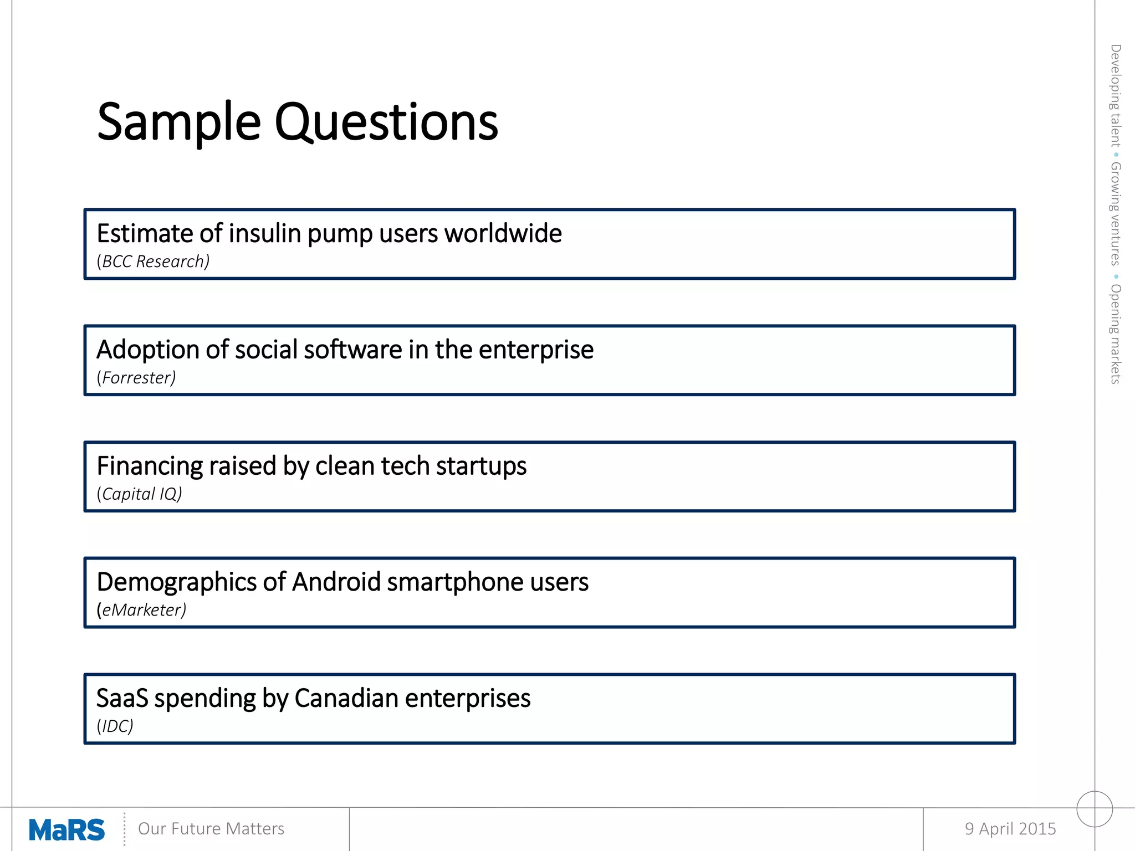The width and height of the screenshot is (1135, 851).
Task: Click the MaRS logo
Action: [x=67, y=829]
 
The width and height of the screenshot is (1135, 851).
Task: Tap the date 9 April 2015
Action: [x=1010, y=828]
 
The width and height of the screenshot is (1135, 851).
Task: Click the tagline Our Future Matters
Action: [x=211, y=828]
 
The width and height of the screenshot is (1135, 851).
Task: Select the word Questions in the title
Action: [x=386, y=123]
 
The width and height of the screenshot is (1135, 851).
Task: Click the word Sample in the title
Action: [x=178, y=123]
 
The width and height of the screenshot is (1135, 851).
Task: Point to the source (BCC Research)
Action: [x=153, y=261]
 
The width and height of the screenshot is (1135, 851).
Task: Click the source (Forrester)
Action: [x=136, y=377]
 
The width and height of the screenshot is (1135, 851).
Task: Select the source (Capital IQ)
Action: [x=139, y=494]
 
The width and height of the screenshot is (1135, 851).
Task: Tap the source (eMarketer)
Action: [x=141, y=610]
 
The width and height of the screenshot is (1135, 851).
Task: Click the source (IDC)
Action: [x=115, y=726]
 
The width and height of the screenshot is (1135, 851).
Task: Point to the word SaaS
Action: [x=122, y=698]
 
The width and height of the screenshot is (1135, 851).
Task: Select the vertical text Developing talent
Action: [x=1115, y=95]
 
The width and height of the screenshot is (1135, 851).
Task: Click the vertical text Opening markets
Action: [x=1115, y=334]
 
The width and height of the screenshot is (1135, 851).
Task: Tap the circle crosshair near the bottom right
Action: [x=1095, y=808]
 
